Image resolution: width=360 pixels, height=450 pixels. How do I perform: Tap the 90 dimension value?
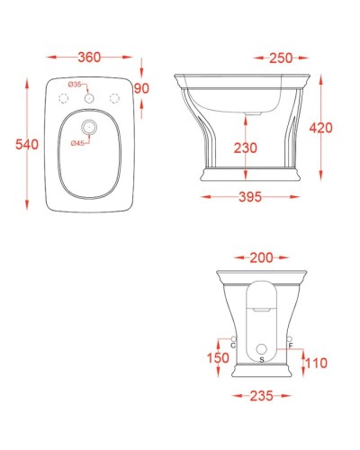tap(141, 88)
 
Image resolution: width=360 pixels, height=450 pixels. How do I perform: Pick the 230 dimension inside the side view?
tap(246, 148)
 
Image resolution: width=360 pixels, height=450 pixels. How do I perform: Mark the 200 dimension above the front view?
tap(261, 258)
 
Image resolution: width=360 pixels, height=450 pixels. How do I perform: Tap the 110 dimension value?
tap(315, 364)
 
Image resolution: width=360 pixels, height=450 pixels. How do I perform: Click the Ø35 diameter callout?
tap(76, 84)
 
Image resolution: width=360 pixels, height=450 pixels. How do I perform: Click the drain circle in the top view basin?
tap(89, 126)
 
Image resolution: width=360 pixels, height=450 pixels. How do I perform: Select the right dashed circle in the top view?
tap(114, 97)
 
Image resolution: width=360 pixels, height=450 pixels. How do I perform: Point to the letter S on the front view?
tap(261, 358)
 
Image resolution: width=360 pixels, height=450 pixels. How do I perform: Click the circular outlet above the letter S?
tap(261, 347)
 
